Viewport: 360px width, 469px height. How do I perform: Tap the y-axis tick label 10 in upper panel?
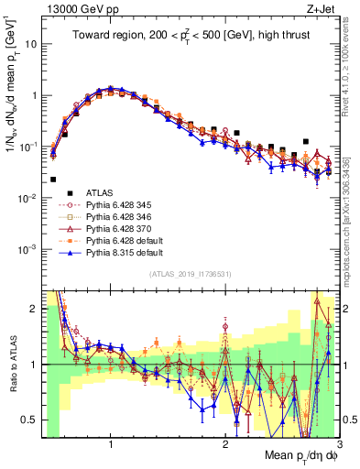(30, 44)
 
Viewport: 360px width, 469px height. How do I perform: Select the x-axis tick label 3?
(338, 446)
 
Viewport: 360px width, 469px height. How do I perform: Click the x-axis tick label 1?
(111, 446)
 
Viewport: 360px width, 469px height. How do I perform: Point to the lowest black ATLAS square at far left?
(53, 180)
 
